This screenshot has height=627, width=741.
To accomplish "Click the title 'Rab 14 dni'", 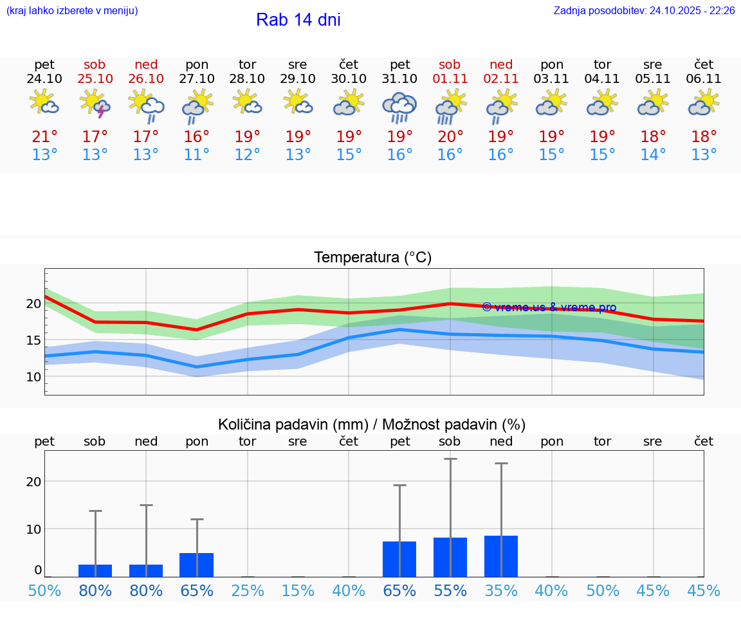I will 298,20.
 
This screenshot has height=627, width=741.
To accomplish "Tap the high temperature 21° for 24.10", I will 44,137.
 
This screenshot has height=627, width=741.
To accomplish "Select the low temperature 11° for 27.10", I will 197,155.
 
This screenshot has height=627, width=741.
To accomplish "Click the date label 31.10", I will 399,78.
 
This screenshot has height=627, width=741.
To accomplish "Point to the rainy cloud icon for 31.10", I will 399,107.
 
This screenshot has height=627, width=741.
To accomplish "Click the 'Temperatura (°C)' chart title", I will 372,258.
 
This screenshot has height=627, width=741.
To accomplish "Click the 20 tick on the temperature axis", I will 33,304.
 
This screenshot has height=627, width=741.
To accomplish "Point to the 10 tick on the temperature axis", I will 33,377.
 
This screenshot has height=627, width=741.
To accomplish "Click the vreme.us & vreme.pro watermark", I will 549,307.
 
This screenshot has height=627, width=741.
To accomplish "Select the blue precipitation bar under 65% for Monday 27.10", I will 197,565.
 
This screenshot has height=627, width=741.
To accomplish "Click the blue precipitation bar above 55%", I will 450,557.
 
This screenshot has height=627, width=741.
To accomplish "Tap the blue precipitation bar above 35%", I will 501,556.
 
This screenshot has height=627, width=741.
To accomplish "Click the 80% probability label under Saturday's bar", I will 95,591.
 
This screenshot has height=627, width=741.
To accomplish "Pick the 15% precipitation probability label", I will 298,591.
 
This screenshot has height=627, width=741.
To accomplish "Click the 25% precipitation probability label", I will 248,591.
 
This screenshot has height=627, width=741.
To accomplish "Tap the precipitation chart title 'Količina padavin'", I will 372,424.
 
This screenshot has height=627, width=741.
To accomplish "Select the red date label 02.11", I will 501,78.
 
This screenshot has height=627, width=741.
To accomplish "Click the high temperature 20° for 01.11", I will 450,137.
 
